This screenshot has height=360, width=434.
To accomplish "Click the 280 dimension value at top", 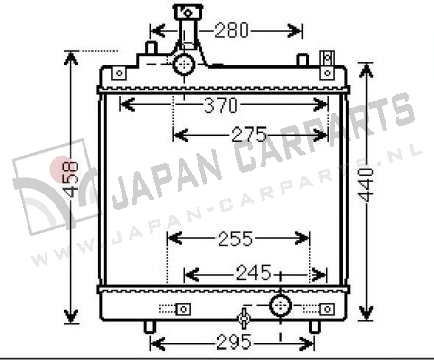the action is [x=232, y=31].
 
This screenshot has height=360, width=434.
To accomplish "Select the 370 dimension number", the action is [x=221, y=105].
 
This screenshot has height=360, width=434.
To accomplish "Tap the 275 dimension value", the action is [x=249, y=135].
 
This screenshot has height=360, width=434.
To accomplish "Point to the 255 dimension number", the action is [x=236, y=239].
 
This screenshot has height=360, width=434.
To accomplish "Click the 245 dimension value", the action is [x=254, y=273].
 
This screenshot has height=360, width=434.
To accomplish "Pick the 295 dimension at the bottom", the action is [x=234, y=342].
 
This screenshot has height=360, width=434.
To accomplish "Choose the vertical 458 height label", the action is [x=71, y=179].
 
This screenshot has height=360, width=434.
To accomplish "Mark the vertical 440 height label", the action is [x=366, y=185].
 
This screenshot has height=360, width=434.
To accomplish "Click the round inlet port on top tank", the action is [x=184, y=65].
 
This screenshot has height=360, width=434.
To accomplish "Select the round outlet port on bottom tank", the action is [x=280, y=306].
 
